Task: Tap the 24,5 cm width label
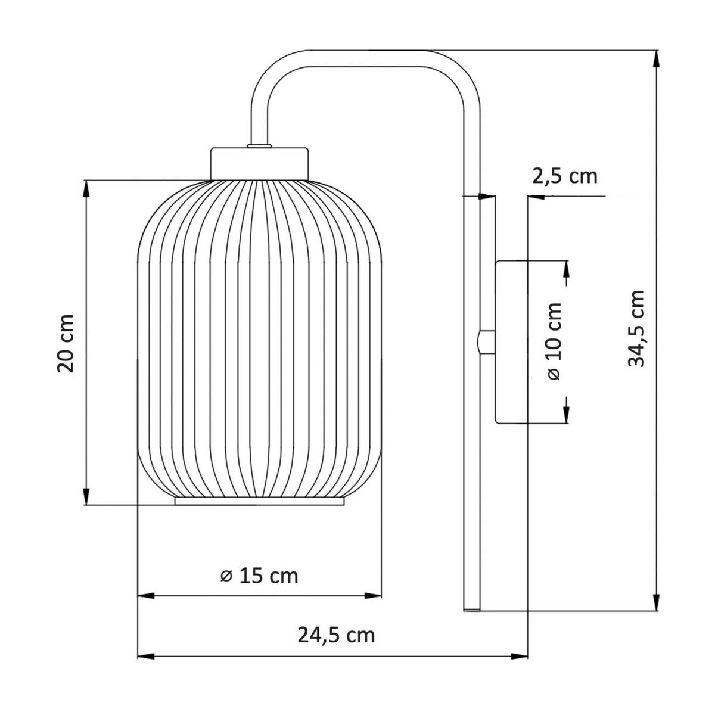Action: point(336,635)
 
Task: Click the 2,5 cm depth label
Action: point(564,176)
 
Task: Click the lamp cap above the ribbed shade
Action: point(260,162)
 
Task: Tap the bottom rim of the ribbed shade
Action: point(260,502)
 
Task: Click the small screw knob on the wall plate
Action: point(486,342)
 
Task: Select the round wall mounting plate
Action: point(510,341)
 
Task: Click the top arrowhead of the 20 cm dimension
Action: point(87,188)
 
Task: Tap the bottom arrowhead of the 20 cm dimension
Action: point(87,497)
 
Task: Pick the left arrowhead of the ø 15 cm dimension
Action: point(147,595)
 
